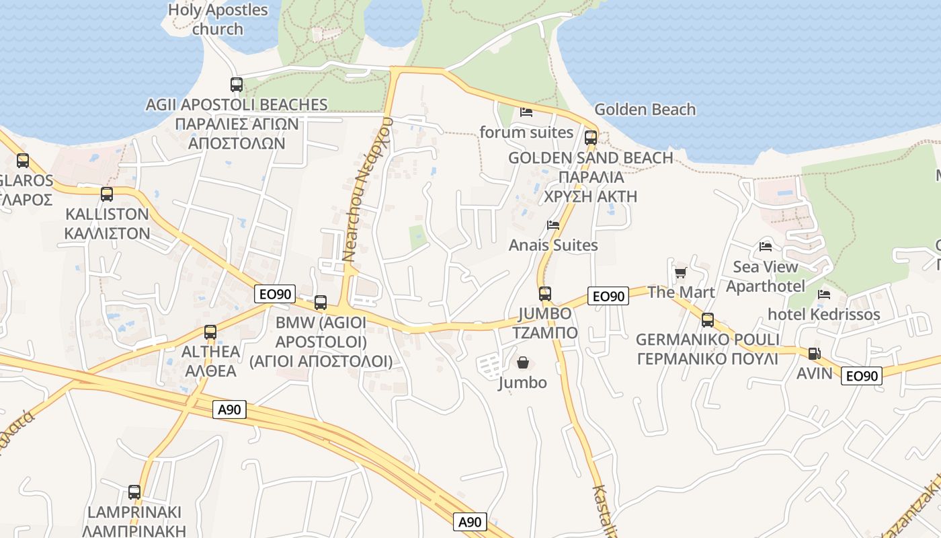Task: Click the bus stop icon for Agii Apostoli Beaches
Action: point(237,85)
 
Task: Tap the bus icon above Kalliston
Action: point(107,194)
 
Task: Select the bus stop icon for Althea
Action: point(210,332)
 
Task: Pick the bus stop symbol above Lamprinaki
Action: point(134,492)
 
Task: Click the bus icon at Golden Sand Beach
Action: point(591,138)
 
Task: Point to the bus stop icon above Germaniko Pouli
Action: point(707,320)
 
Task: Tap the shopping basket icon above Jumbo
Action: point(523,363)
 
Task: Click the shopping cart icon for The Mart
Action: point(680,272)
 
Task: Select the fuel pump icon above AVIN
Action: point(813,353)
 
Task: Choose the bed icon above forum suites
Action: point(526,112)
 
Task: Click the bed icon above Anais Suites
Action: point(553,225)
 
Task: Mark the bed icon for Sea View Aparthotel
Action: point(766,246)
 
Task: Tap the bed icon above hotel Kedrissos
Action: point(823,295)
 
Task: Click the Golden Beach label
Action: point(645,109)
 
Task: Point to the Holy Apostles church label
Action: point(217,20)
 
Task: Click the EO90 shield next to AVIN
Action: point(861,376)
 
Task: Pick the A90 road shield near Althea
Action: point(229,410)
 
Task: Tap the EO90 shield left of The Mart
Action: point(608,296)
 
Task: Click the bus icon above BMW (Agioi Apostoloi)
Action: point(321,303)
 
